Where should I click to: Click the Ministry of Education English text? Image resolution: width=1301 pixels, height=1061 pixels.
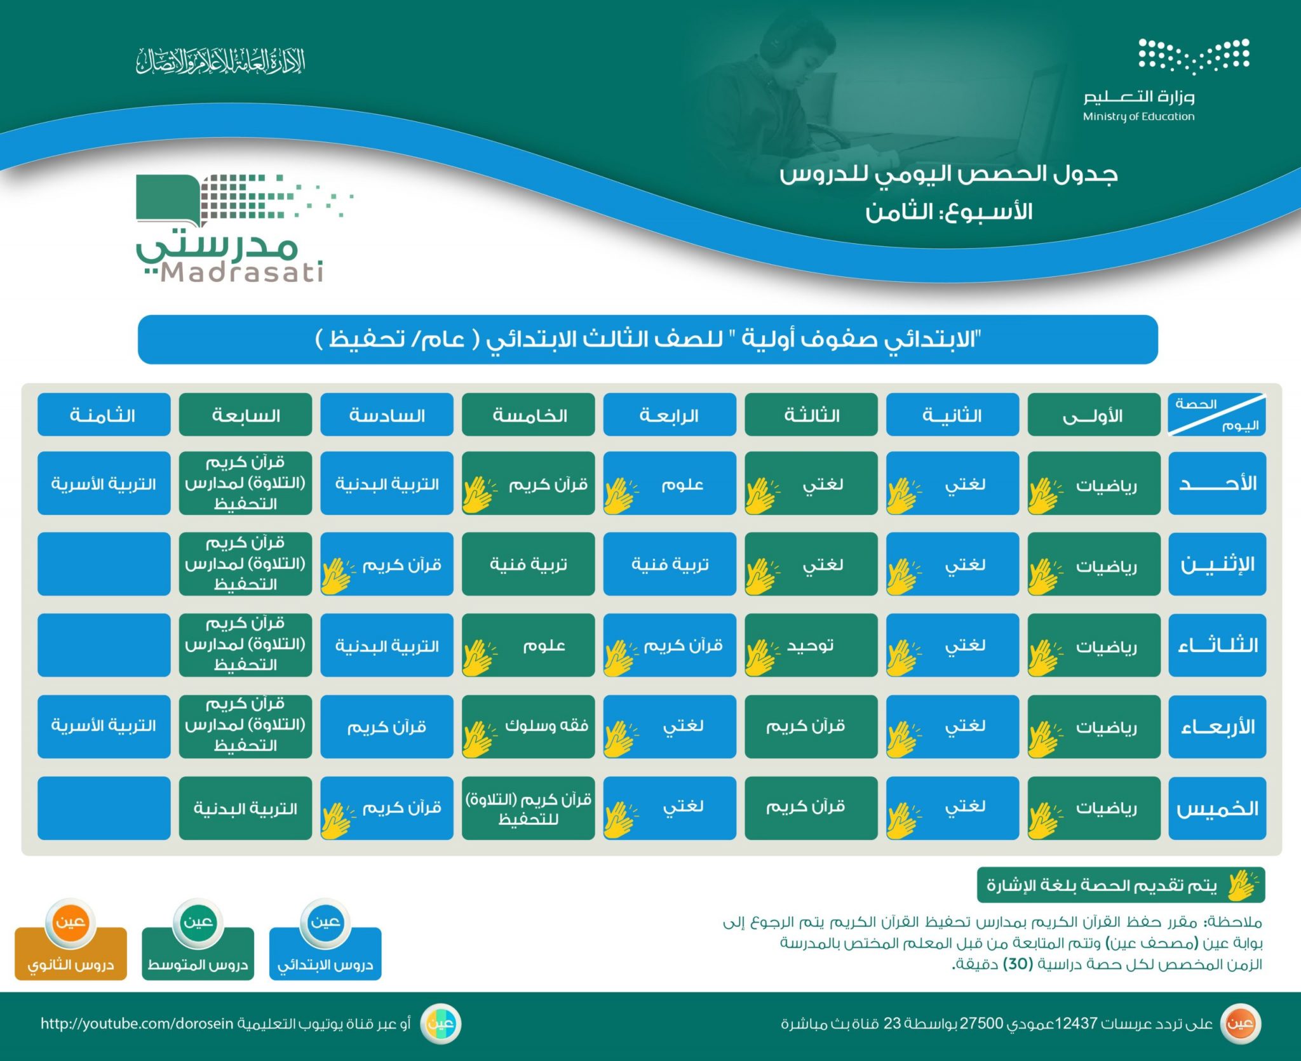(1138, 117)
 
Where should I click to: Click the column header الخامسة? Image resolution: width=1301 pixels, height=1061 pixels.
(529, 415)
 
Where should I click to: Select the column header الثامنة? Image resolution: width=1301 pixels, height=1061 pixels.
(104, 415)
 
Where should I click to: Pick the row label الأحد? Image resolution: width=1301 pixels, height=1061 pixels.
(1217, 484)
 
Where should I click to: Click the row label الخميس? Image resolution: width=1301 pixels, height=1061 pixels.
(1217, 808)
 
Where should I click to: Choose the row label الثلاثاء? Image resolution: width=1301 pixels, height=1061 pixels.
(1217, 645)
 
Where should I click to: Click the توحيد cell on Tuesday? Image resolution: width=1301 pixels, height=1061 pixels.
(811, 645)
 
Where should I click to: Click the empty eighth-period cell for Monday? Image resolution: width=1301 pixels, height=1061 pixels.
(104, 564)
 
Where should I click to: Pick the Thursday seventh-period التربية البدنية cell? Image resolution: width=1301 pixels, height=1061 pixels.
(245, 808)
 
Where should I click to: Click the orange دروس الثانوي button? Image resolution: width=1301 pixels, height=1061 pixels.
(71, 964)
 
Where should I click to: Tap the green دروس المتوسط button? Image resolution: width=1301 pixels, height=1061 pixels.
(198, 964)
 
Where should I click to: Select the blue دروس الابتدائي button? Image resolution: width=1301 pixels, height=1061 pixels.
(325, 964)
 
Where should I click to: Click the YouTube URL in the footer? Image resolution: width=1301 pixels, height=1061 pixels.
(137, 1024)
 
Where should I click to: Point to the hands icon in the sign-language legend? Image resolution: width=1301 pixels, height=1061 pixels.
(1242, 884)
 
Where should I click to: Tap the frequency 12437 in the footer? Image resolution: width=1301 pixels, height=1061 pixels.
(1075, 1024)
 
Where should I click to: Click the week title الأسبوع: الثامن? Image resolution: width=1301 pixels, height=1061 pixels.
(949, 211)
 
